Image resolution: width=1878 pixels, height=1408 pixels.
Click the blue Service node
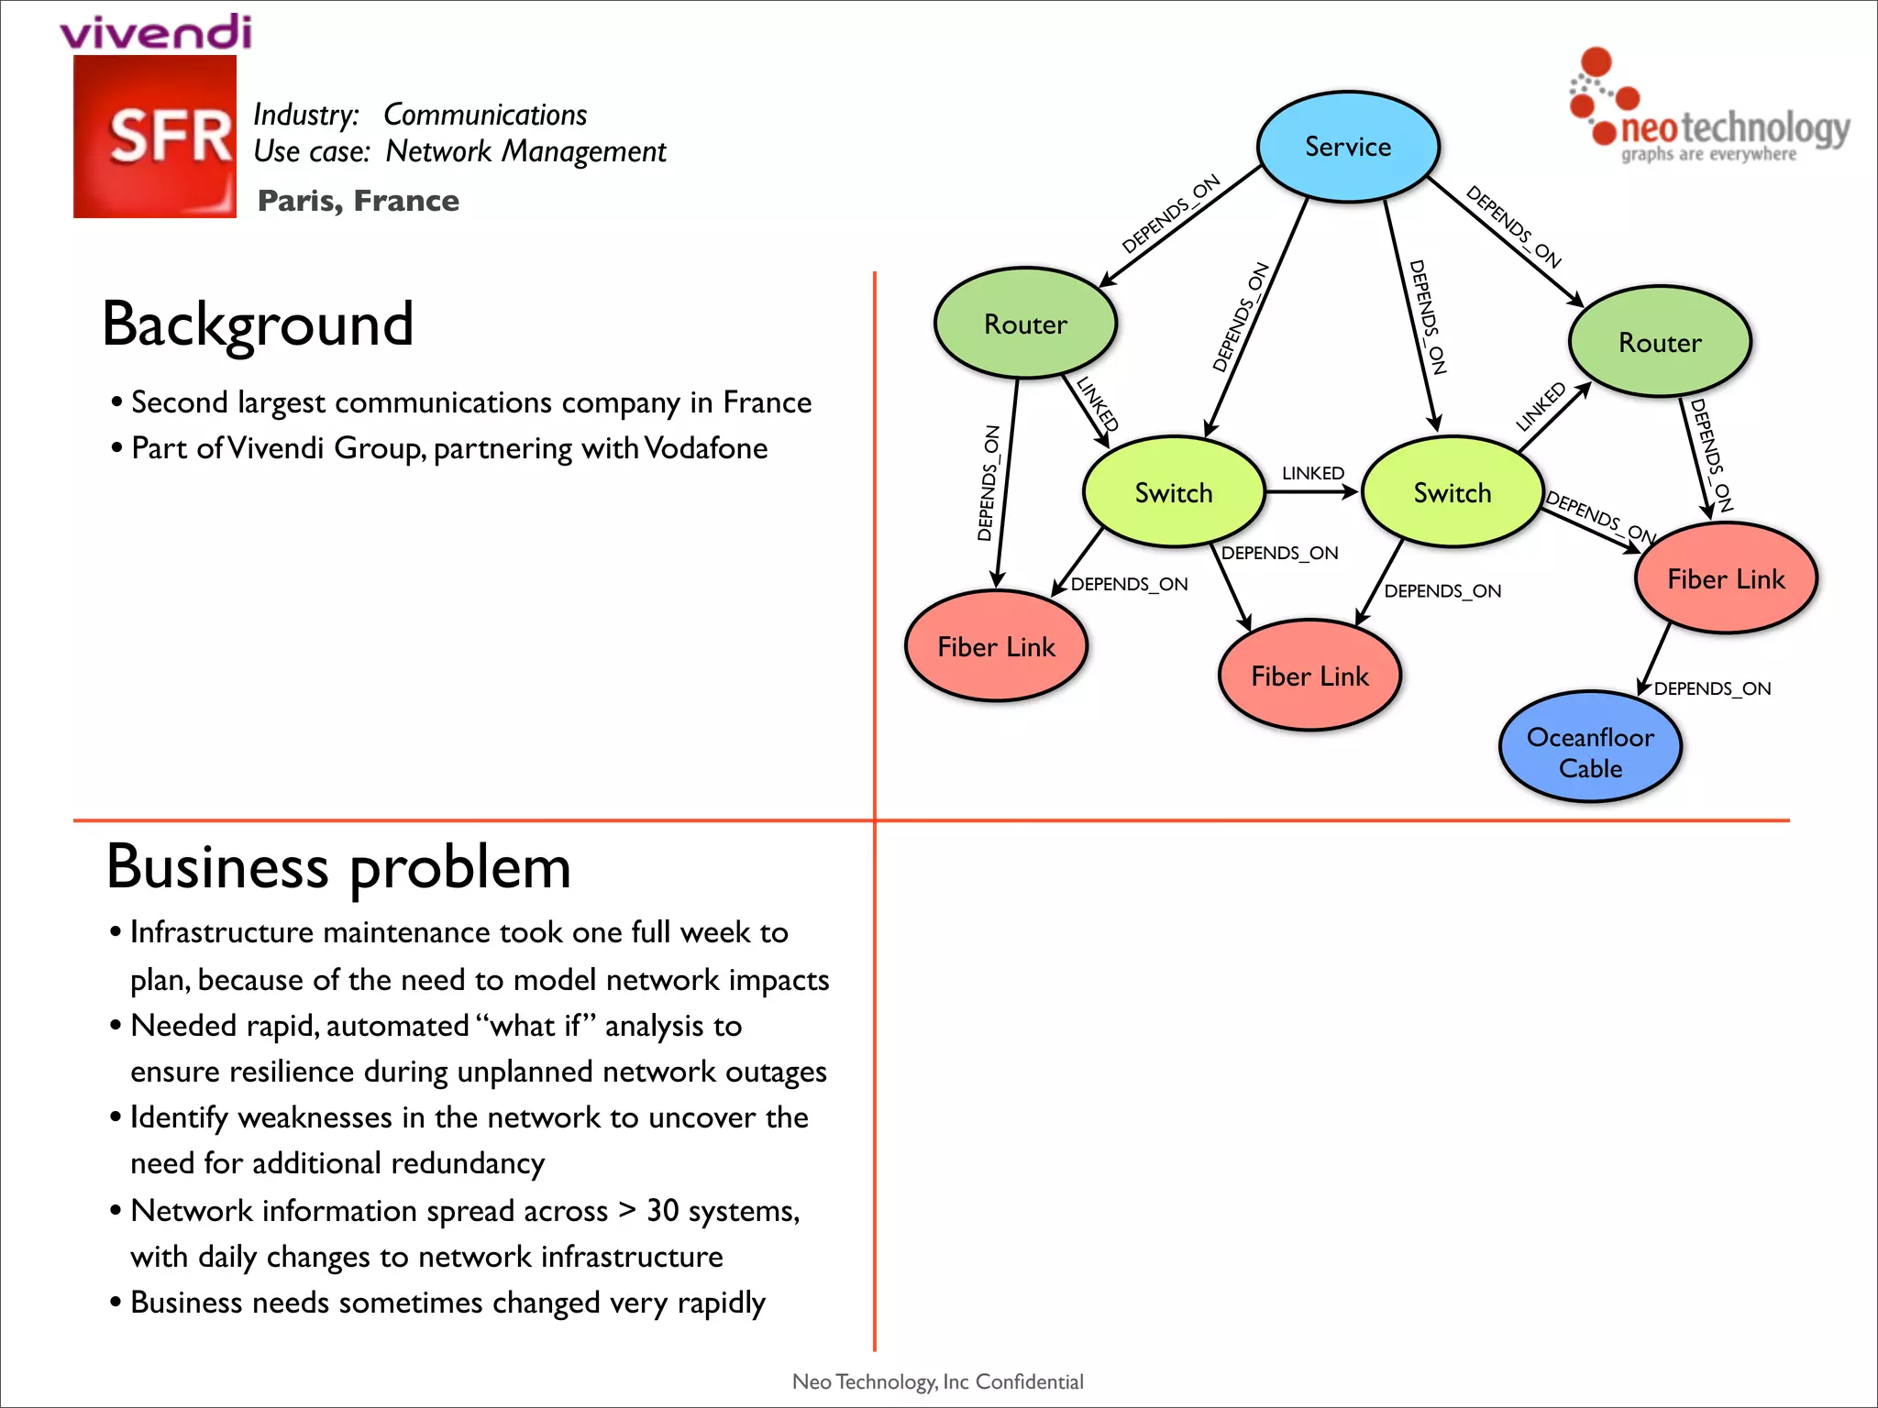[1348, 147]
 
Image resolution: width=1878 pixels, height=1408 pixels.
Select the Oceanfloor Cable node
[1590, 747]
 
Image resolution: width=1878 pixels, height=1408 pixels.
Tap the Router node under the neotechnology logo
[1660, 342]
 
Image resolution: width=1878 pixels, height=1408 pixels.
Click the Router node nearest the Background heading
[1025, 324]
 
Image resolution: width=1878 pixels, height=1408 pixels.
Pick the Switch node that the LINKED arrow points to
[1453, 493]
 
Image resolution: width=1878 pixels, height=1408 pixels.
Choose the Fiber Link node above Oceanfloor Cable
[1726, 578]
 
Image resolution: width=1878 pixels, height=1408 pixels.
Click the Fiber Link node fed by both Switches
[1309, 676]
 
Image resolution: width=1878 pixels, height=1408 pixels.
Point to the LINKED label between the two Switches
[1312, 473]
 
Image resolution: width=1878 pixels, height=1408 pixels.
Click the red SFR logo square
[155, 137]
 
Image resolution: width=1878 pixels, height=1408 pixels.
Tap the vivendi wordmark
[156, 32]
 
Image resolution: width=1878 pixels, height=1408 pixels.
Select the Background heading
[258, 324]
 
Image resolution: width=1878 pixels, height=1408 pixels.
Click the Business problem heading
[338, 866]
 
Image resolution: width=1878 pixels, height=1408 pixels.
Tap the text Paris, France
[359, 201]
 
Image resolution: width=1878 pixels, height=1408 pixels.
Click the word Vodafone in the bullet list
[705, 448]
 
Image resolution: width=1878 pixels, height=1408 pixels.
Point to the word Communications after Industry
[484, 115]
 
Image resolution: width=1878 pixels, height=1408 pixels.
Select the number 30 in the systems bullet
[662, 1211]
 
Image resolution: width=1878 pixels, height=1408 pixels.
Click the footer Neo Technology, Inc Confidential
[937, 1381]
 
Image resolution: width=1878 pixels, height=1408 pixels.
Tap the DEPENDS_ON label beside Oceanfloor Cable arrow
[1712, 688]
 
